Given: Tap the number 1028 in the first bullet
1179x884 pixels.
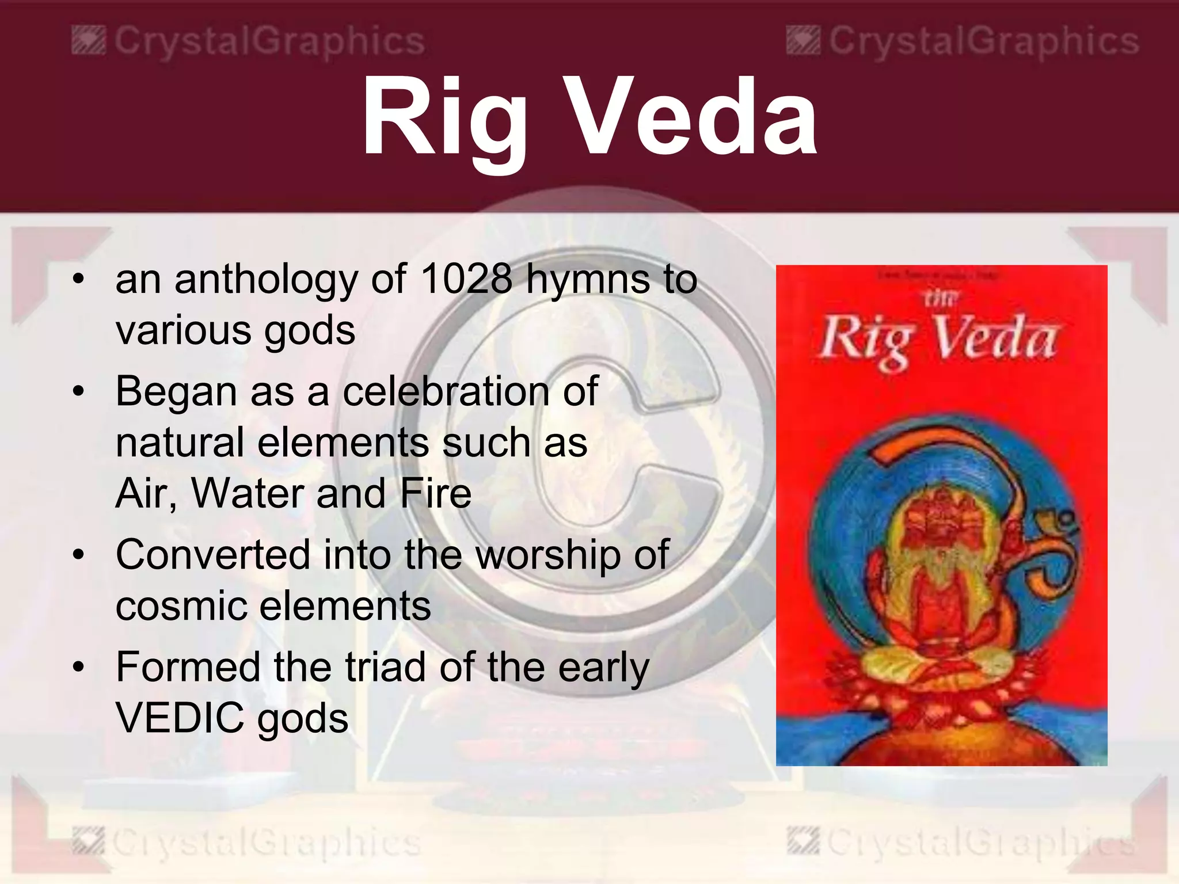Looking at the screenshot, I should click(466, 279).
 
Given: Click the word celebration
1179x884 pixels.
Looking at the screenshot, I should click(446, 391).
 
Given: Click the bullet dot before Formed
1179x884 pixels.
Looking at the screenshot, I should click(79, 668).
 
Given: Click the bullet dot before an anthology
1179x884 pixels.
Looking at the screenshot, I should click(79, 280).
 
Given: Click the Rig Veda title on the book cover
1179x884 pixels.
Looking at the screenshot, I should click(938, 340).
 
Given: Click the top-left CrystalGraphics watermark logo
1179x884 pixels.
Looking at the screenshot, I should click(89, 42).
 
